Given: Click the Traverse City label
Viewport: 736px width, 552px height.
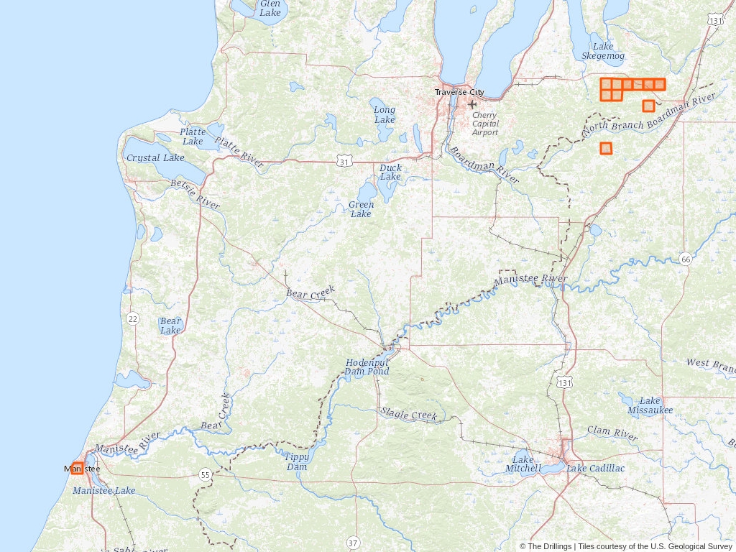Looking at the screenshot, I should (x=459, y=92).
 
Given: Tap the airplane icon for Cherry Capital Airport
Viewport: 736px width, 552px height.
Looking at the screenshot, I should (x=472, y=105).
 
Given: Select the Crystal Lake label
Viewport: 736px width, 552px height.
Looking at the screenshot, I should (x=155, y=157).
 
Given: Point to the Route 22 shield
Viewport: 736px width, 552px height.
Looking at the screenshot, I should (x=132, y=318).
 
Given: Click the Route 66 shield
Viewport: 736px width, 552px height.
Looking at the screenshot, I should (x=686, y=259).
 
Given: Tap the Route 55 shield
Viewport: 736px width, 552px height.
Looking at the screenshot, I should (x=206, y=474).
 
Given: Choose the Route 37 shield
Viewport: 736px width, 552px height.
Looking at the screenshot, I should (x=352, y=542).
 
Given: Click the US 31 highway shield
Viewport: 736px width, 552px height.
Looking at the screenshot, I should (x=345, y=162).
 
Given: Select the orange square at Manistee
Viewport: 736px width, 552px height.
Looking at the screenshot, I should (x=78, y=468).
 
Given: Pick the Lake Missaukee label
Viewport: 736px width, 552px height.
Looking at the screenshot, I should (x=650, y=405).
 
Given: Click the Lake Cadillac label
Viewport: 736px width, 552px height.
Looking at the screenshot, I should (x=595, y=469).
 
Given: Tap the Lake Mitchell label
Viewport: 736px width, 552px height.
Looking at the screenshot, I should (x=523, y=464).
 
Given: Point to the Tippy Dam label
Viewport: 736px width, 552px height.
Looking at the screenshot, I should (x=297, y=461).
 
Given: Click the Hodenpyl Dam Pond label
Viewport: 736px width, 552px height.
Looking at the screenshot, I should (x=367, y=367).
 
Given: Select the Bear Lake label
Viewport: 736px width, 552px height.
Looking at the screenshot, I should (x=170, y=326).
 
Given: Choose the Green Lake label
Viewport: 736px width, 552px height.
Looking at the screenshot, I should (x=361, y=209).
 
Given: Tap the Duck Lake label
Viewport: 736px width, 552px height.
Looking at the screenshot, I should (x=390, y=172).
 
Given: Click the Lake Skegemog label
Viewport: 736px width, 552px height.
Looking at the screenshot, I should (x=603, y=51).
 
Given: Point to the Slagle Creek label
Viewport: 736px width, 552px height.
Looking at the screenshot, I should (x=409, y=414).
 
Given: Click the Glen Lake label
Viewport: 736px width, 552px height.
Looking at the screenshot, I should (x=270, y=8).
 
